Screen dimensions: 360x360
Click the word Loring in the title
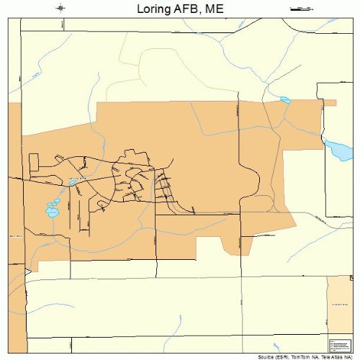(x=153, y=9)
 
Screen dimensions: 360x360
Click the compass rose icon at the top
(x=60, y=9)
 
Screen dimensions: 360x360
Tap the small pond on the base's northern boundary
(x=285, y=100)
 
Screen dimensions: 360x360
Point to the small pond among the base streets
(x=73, y=182)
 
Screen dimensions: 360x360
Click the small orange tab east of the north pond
(x=329, y=103)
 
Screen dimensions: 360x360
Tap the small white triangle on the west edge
(x=27, y=271)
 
